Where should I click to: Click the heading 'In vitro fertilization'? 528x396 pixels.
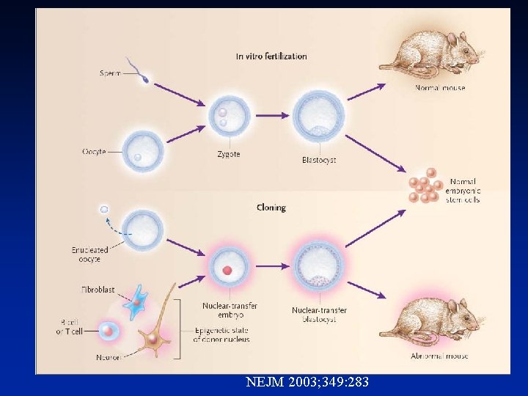271,56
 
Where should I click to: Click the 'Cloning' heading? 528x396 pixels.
271,208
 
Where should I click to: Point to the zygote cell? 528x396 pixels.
229,117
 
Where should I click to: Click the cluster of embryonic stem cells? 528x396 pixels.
424,187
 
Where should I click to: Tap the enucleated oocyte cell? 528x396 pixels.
142,231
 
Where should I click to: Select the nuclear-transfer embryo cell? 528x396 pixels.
229,269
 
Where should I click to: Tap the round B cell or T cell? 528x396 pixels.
108,332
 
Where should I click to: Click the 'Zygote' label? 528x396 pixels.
229,155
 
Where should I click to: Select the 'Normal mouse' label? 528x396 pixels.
440,88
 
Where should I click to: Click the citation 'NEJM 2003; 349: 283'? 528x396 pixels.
307,382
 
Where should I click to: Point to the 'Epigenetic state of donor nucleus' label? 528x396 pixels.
221,335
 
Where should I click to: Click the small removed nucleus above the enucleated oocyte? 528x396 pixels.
104,210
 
